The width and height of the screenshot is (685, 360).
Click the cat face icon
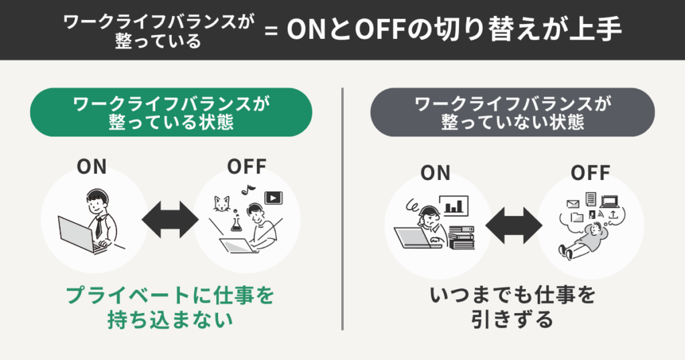coord(221,201)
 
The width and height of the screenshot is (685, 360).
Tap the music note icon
coord(246,189)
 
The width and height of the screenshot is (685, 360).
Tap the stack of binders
coord(462,236)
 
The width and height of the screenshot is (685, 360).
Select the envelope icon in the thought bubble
coord(572,203)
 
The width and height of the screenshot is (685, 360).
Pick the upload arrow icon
coord(613,214)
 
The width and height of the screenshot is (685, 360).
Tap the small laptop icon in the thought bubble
coord(610,200)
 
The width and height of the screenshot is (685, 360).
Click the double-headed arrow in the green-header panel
coord(170,219)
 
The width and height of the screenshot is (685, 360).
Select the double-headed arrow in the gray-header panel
coord(513,223)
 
